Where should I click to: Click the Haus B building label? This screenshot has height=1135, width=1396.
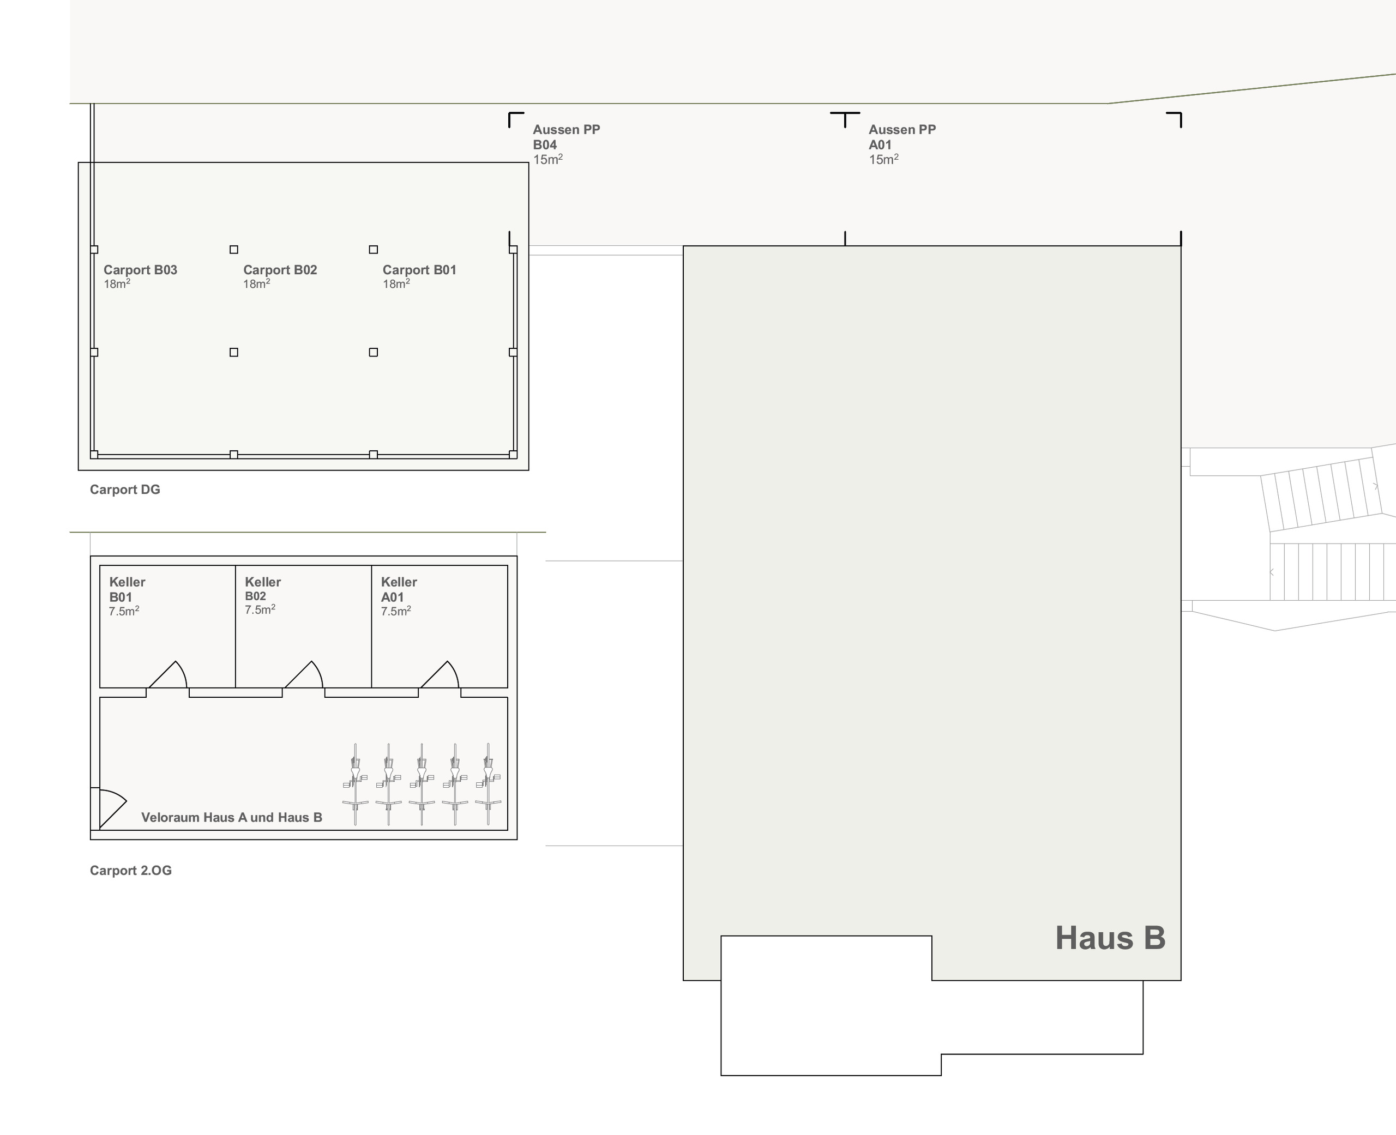(1110, 938)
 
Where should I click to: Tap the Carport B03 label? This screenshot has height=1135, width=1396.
(140, 270)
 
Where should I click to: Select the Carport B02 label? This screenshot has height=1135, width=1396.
(280, 270)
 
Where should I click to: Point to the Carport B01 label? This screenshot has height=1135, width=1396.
(419, 270)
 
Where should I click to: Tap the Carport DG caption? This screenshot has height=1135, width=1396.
(125, 490)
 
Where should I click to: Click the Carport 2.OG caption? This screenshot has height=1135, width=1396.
(131, 870)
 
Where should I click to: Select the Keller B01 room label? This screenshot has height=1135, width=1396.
(127, 589)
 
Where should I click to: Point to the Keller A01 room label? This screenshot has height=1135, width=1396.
(399, 589)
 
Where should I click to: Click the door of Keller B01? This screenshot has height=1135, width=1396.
(168, 675)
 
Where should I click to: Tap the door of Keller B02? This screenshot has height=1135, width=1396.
(304, 675)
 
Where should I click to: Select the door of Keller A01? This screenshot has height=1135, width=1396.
(440, 675)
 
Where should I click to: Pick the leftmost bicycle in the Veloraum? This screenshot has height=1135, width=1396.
(355, 784)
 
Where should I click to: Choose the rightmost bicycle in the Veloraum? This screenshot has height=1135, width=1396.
(488, 784)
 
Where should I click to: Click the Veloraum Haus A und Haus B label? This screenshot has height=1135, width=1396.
(231, 817)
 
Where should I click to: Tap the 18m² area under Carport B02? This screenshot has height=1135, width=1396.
(256, 283)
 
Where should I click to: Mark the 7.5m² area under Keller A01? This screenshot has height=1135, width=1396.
(395, 611)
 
